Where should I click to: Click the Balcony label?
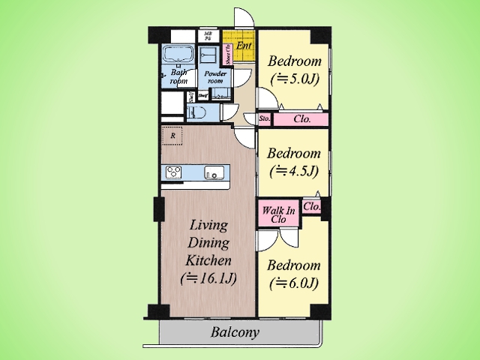pos(235,332)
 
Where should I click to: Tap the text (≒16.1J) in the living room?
pos(208,278)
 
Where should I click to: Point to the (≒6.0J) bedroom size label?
pos(294,283)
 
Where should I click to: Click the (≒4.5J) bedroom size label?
pos(294,169)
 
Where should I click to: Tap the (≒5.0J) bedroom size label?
pos(295,77)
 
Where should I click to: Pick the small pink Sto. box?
pos(264,118)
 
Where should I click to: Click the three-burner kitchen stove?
pos(175,172)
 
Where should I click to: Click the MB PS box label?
pos(208,35)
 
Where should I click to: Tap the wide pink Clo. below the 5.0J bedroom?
pos(301,118)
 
